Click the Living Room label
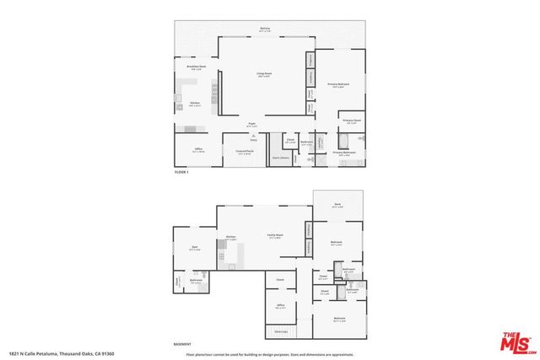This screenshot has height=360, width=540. pos(263,73)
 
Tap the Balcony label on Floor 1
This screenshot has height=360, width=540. pos(266,30)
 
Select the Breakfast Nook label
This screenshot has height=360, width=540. pos(196,67)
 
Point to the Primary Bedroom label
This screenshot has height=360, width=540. pos(338,83)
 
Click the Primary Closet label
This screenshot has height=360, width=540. pos(351,121)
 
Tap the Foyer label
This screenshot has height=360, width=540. pos(251,125)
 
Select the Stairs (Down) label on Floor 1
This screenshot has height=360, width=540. pos(280,157)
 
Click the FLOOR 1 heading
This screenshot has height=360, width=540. pos(181,172)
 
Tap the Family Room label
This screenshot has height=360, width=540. pos(275,235)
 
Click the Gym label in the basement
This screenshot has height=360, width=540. pos(194,247)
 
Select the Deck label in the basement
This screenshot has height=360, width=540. pos(338,204)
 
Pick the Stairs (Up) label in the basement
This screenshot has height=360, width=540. pos(280,332)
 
